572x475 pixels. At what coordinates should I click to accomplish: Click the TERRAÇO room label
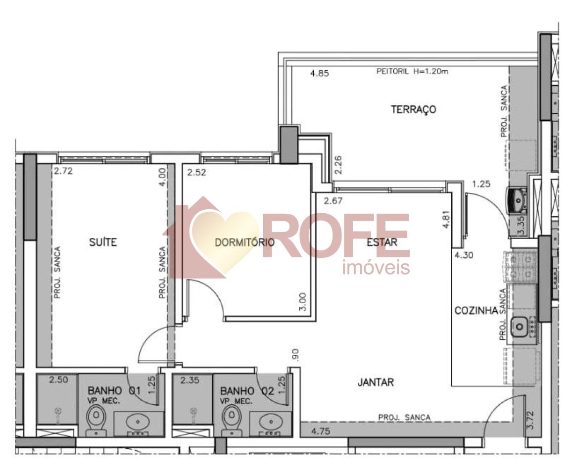click(x=414, y=109)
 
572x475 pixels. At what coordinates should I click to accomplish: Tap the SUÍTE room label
click(x=103, y=242)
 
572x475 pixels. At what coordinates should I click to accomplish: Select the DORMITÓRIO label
click(x=244, y=242)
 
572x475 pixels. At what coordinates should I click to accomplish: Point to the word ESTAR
click(x=382, y=242)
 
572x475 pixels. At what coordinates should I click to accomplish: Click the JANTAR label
click(x=375, y=382)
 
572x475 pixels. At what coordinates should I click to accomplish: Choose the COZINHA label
click(x=476, y=311)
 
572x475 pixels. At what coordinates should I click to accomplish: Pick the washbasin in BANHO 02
click(x=271, y=423)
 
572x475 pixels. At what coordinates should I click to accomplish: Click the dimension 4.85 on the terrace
click(x=319, y=74)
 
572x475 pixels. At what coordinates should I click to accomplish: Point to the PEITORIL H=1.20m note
click(x=412, y=71)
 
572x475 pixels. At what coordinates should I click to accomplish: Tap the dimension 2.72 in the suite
click(x=63, y=172)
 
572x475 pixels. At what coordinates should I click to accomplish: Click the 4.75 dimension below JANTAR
click(x=321, y=431)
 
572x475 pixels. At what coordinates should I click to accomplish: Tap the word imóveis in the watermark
click(x=376, y=268)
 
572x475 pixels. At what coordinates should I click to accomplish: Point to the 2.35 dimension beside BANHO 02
click(x=190, y=380)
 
